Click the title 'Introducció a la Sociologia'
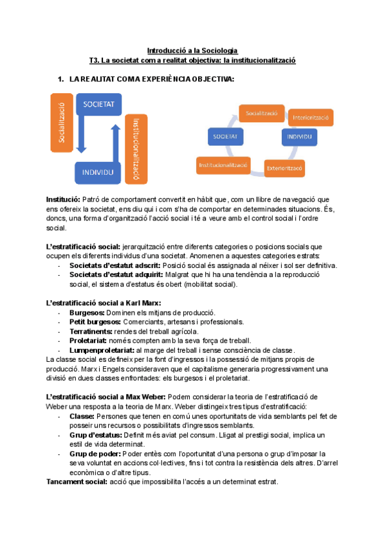click(192, 50)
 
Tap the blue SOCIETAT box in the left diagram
click(99, 103)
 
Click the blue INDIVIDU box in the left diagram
click(98, 172)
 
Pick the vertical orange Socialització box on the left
click(62, 122)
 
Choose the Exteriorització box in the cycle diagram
click(285, 169)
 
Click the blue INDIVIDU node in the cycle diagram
click(300, 138)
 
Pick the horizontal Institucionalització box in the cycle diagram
click(223, 165)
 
